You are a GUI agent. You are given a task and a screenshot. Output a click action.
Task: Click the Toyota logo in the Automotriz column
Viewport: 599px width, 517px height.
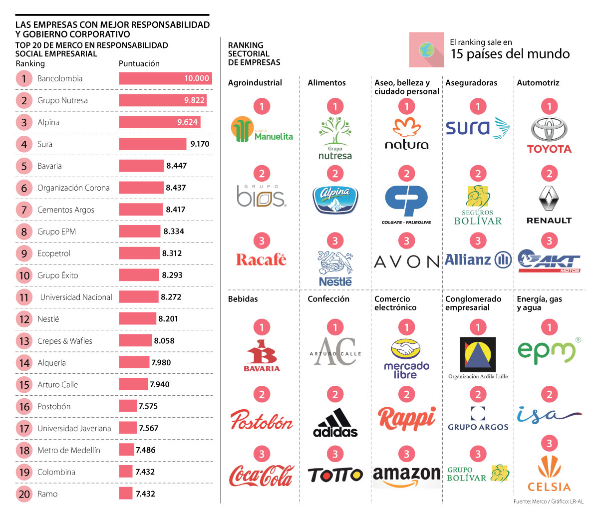(549, 135)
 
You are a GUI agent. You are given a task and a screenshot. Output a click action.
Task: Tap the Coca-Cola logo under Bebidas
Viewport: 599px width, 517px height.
(262, 476)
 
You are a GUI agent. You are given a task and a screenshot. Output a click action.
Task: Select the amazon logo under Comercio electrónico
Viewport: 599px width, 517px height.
(407, 476)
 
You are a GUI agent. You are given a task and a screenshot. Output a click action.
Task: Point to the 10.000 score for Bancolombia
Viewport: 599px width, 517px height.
(197, 78)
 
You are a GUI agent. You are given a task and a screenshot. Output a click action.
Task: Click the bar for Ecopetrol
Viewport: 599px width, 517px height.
(139, 254)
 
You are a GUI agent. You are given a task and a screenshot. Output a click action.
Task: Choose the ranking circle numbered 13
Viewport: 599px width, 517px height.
(24, 341)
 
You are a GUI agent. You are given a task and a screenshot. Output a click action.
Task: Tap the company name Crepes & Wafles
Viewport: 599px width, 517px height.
(65, 341)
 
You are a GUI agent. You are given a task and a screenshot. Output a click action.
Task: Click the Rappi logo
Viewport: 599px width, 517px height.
(407, 418)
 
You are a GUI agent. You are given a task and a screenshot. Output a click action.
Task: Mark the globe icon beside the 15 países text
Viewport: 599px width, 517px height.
(426, 49)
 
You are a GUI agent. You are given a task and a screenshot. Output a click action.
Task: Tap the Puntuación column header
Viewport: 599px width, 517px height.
(139, 64)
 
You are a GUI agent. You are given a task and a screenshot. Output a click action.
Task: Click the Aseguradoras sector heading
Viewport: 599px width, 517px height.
(471, 83)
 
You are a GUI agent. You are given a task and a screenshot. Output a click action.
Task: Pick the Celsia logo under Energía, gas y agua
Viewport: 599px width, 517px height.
(549, 474)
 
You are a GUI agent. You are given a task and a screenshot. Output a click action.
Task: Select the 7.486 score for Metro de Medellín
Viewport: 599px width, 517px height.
(146, 450)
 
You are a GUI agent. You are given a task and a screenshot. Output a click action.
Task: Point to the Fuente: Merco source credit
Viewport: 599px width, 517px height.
(548, 502)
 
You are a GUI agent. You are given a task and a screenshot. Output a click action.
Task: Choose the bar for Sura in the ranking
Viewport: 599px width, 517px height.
(152, 144)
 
